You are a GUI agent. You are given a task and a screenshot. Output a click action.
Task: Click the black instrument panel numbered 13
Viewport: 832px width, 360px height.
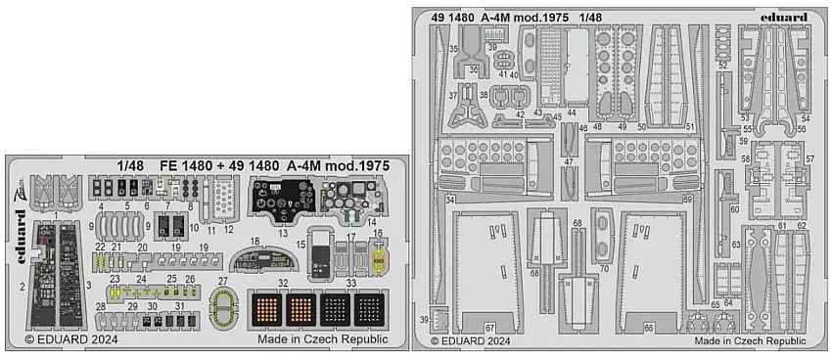coord(279,202)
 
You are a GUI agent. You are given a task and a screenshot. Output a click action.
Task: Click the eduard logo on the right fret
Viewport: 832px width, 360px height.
coord(777,17)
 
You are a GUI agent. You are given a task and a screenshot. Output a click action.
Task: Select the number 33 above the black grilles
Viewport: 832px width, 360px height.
coord(351,284)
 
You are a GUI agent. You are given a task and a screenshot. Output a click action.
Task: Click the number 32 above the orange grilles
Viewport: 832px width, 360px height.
coord(283,284)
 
